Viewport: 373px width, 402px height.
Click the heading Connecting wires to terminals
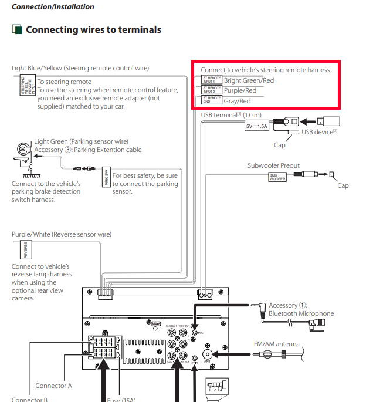point(93,29)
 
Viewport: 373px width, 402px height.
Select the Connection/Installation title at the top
point(53,7)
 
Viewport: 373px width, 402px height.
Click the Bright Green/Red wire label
point(249,80)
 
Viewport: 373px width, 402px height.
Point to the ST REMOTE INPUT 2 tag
point(211,90)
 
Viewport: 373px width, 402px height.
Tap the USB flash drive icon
point(328,121)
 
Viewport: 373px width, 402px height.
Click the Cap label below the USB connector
point(280,144)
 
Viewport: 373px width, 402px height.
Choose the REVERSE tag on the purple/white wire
point(25,251)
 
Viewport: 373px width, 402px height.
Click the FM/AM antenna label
point(276,344)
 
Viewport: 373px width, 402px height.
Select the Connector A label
point(53,386)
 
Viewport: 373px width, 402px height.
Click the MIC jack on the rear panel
point(194,332)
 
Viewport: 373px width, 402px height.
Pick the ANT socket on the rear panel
point(206,354)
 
